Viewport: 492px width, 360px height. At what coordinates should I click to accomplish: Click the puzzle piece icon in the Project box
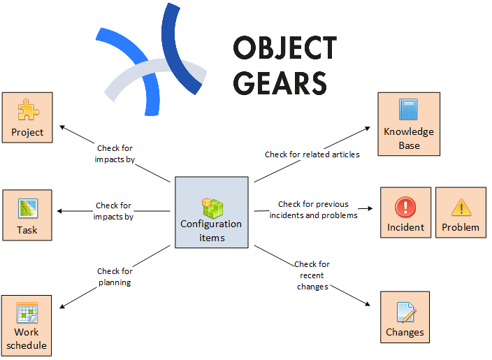[27, 110]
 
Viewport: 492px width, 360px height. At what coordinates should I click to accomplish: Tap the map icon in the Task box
[27, 208]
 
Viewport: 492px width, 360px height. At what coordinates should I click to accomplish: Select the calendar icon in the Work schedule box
[27, 311]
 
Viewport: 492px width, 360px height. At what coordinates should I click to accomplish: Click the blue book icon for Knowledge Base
[409, 110]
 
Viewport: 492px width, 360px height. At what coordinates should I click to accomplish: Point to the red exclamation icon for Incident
[405, 207]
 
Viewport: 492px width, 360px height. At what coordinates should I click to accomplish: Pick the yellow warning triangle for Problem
[461, 207]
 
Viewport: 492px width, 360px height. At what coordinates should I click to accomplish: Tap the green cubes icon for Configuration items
[211, 207]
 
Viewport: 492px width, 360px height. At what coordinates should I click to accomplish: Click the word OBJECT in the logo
[284, 49]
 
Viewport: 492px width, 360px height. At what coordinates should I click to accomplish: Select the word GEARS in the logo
[280, 82]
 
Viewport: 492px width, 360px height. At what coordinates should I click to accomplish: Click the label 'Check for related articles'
[312, 154]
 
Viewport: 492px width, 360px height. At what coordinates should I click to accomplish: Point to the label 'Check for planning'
[114, 277]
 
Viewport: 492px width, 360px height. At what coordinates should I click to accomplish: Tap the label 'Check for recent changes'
[312, 275]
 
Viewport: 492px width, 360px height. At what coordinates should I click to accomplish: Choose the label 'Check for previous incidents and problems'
[314, 210]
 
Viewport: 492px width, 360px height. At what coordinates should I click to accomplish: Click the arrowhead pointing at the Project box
[61, 127]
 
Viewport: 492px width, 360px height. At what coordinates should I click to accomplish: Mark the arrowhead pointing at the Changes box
[367, 303]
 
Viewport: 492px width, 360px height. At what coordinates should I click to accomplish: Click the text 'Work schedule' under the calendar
[27, 338]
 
